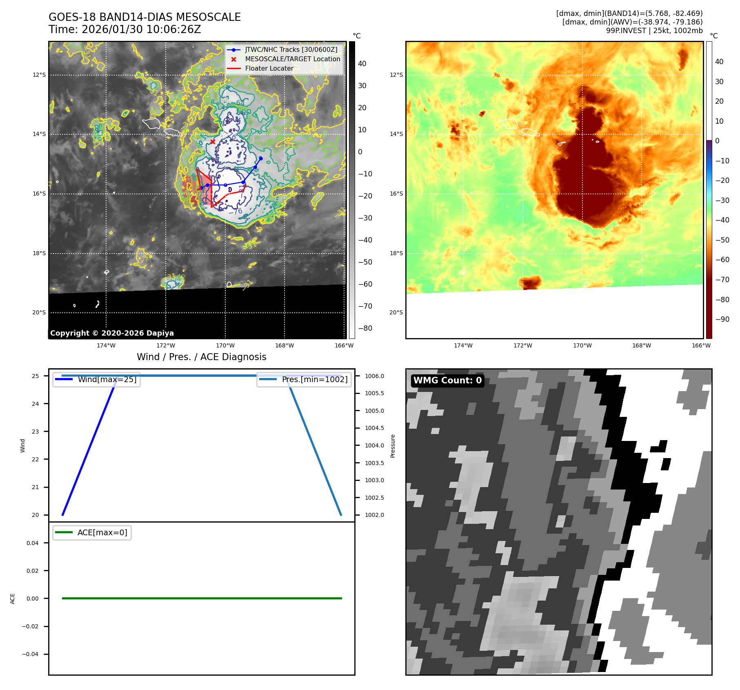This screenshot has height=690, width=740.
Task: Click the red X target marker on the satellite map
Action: (213, 142)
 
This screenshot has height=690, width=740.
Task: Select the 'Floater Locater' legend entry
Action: (269, 69)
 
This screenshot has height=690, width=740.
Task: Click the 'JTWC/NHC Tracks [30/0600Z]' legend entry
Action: (291, 50)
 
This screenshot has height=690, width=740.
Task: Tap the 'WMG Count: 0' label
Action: (447, 381)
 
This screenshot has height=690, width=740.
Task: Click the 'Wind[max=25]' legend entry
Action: (107, 379)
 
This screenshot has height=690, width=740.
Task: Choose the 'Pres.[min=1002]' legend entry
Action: (314, 379)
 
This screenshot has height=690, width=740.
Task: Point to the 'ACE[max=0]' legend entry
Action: (102, 532)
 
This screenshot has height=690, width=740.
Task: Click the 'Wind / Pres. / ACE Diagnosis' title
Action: (201, 357)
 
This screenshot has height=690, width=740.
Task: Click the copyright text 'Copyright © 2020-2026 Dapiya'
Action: (112, 333)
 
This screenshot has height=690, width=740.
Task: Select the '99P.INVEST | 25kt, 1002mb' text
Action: (654, 31)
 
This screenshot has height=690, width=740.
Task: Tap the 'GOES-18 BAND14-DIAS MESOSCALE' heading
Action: (144, 17)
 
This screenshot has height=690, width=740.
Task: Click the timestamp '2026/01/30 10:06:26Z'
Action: (141, 30)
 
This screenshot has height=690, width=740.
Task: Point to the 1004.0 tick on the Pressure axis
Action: (374, 445)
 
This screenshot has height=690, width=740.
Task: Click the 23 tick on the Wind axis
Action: (36, 432)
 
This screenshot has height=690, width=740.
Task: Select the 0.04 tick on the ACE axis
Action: (33, 543)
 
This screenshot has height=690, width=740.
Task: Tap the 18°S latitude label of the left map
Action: (39, 253)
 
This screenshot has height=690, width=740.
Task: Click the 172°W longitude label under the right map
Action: (522, 345)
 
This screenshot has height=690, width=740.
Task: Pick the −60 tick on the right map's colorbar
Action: (722, 260)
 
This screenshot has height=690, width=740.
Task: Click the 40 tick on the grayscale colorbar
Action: (362, 64)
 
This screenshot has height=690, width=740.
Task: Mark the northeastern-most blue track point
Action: (260, 158)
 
